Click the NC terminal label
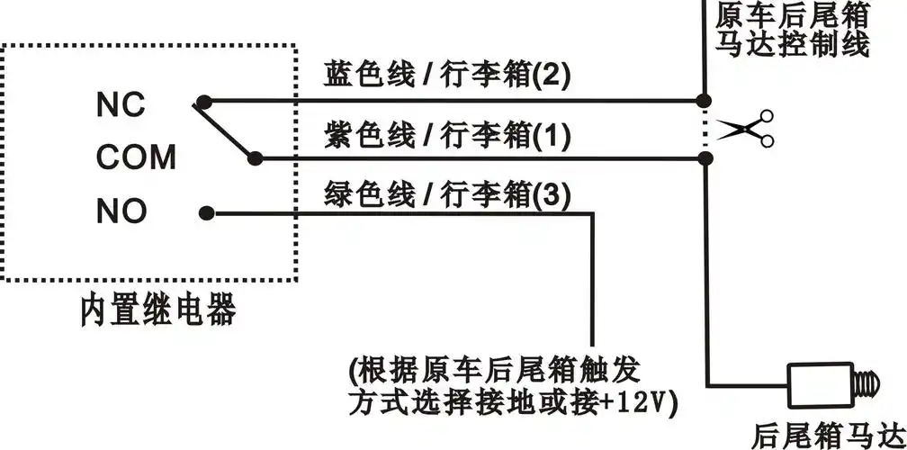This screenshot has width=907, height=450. [121, 105]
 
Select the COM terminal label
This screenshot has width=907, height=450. [136, 158]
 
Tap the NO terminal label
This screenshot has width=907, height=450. [121, 212]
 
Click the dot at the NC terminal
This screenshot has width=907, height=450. [207, 101]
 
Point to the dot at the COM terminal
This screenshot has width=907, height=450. [258, 157]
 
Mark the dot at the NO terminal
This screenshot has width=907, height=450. [207, 213]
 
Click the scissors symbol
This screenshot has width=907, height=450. [750, 129]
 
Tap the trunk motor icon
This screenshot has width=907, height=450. [831, 384]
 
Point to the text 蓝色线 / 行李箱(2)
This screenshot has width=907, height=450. [447, 76]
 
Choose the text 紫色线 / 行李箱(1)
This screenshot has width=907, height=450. [447, 136]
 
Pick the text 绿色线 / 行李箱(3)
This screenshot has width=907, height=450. [447, 193]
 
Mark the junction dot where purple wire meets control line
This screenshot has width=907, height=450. [705, 158]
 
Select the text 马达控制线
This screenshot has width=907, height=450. [794, 43]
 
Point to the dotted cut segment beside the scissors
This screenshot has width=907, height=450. [705, 129]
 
